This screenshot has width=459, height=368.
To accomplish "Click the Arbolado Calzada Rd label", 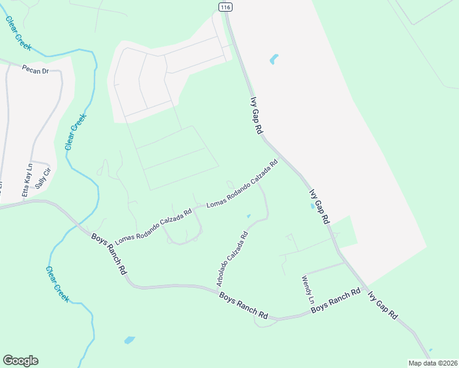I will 232,258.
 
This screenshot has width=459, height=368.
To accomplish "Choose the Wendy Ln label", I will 307,290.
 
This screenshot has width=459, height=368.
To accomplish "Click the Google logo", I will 20,361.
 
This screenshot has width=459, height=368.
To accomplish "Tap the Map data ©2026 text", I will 432,363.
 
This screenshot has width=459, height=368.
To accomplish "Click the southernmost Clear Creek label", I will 57,283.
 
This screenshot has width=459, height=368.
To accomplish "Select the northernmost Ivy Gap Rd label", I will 256,115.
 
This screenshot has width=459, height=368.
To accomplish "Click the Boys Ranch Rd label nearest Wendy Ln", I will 335,301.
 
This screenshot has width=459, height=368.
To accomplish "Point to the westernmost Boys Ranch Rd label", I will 110,253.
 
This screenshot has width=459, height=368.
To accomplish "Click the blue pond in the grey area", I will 273,59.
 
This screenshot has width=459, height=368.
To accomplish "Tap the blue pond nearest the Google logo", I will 129,339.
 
